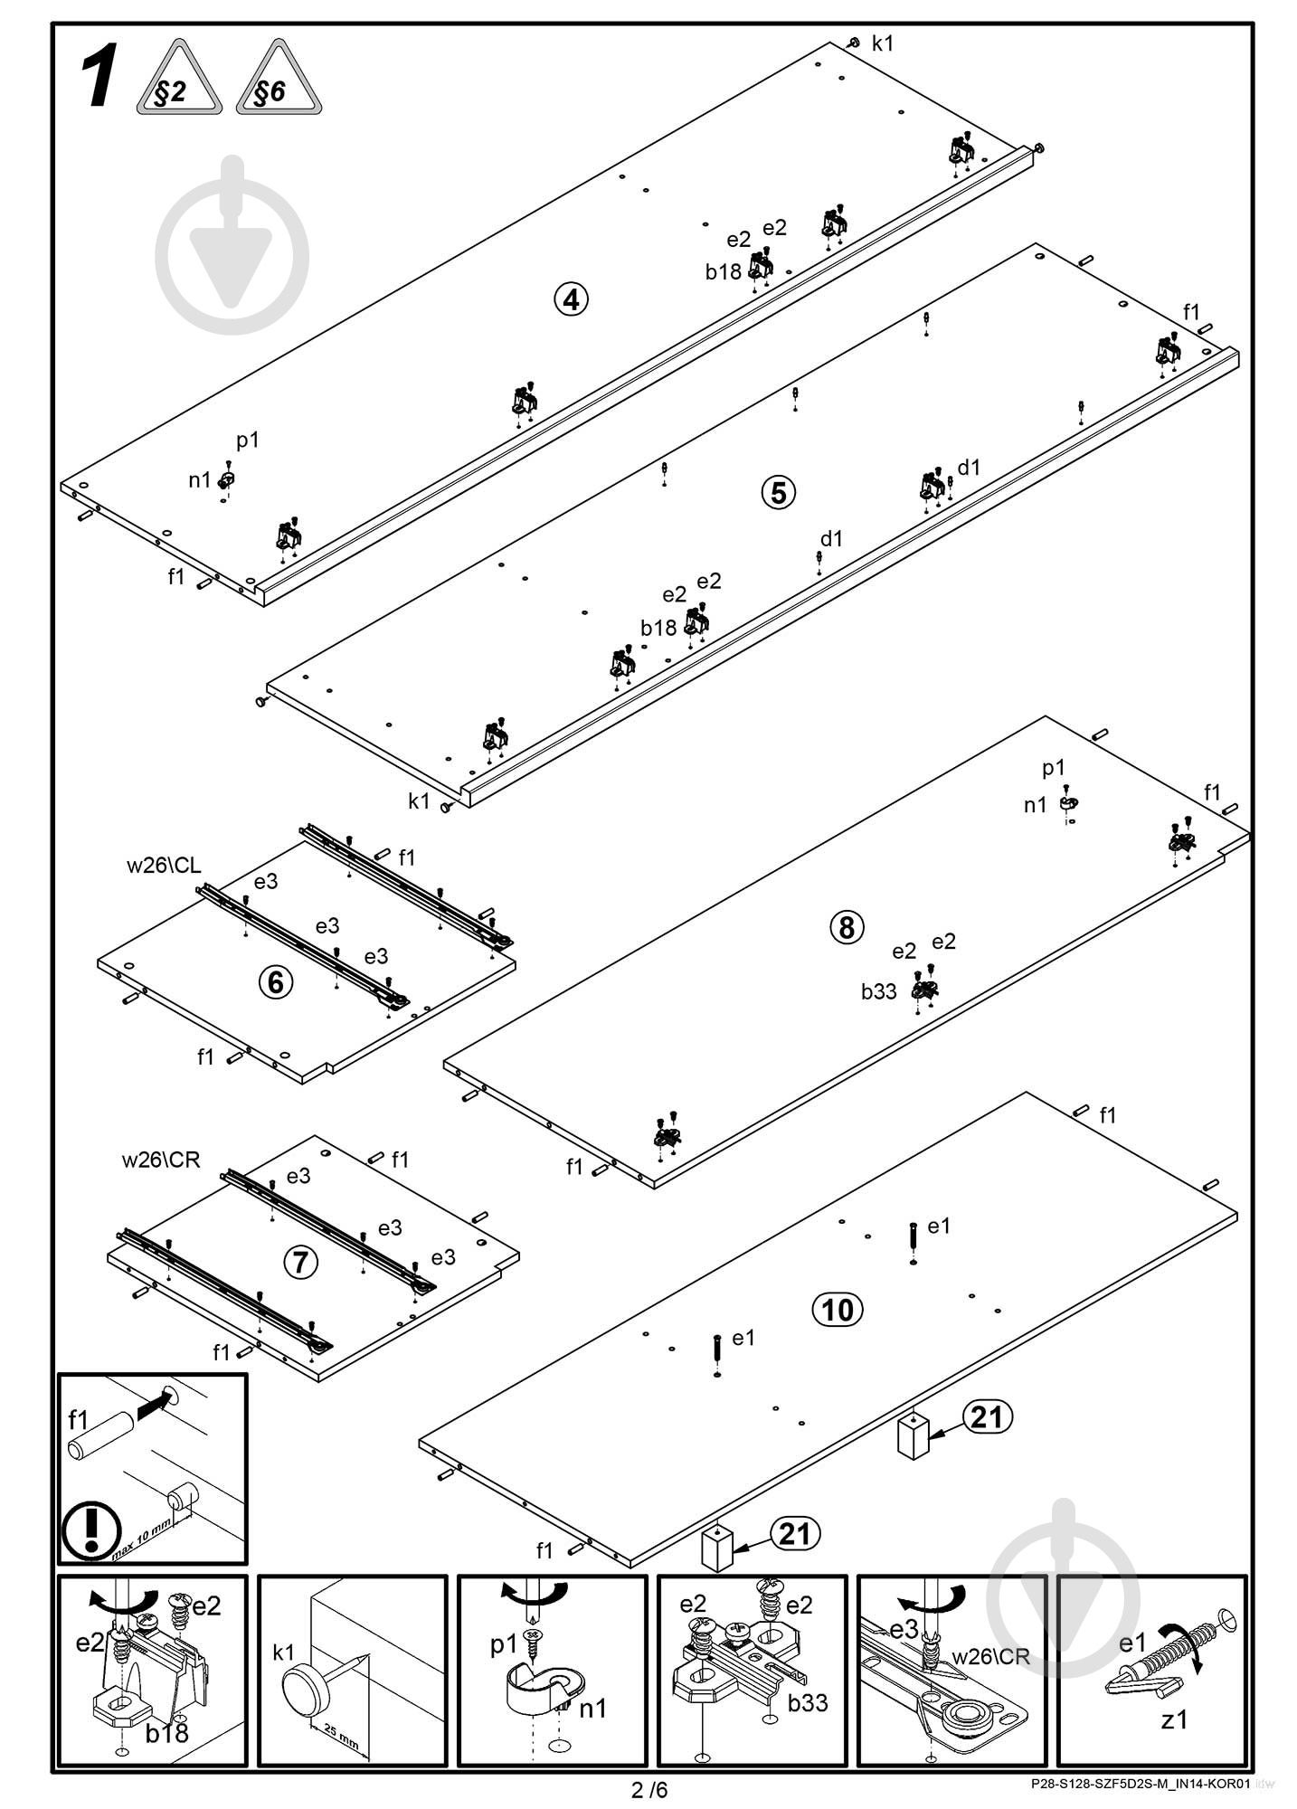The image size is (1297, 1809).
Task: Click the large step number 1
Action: (99, 80)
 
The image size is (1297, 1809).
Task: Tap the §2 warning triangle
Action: (179, 79)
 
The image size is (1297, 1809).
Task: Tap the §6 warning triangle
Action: (279, 79)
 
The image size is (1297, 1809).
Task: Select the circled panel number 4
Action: (571, 298)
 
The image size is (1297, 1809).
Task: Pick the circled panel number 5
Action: (779, 493)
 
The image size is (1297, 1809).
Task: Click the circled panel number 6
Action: (277, 982)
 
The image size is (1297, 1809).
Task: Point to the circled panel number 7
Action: (301, 1263)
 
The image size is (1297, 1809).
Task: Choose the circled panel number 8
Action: (847, 927)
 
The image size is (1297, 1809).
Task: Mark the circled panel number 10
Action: (838, 1310)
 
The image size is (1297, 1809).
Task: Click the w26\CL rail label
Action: (164, 866)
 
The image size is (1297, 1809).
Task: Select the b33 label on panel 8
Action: (878, 992)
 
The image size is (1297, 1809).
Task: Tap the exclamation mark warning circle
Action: (91, 1530)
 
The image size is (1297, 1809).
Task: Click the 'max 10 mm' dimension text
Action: (142, 1539)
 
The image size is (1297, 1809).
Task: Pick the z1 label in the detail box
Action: (1174, 1719)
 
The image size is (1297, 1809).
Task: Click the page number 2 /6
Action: (649, 1789)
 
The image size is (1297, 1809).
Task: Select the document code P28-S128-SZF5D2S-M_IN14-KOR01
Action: (1140, 1784)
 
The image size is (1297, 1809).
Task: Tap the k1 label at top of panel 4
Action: (883, 43)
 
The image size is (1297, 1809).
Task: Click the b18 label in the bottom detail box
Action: (167, 1731)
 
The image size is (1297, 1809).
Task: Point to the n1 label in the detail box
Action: (593, 1709)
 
